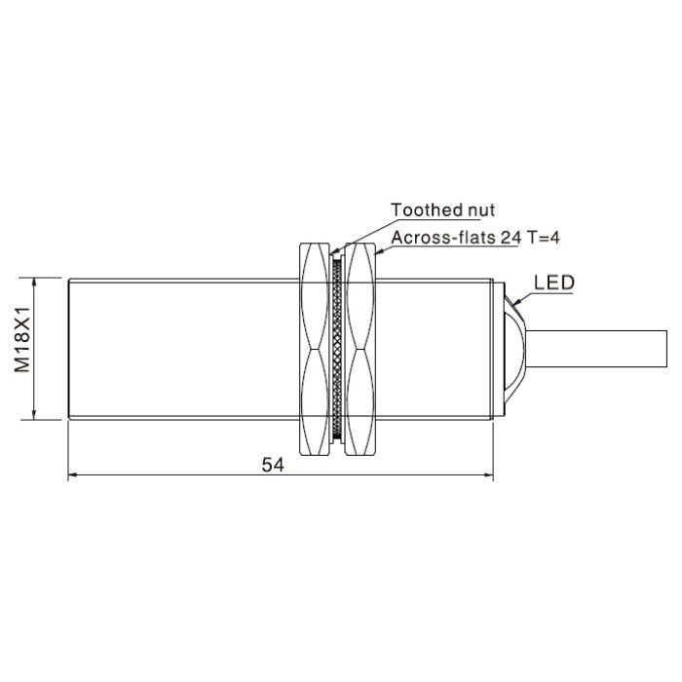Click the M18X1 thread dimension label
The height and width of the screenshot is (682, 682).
click(22, 339)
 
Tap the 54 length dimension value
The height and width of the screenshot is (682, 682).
click(273, 465)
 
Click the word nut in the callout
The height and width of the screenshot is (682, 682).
click(481, 211)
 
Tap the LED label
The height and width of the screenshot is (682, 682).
click(554, 283)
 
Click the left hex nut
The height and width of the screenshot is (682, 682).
click(314, 349)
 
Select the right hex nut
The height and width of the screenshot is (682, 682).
click(360, 349)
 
